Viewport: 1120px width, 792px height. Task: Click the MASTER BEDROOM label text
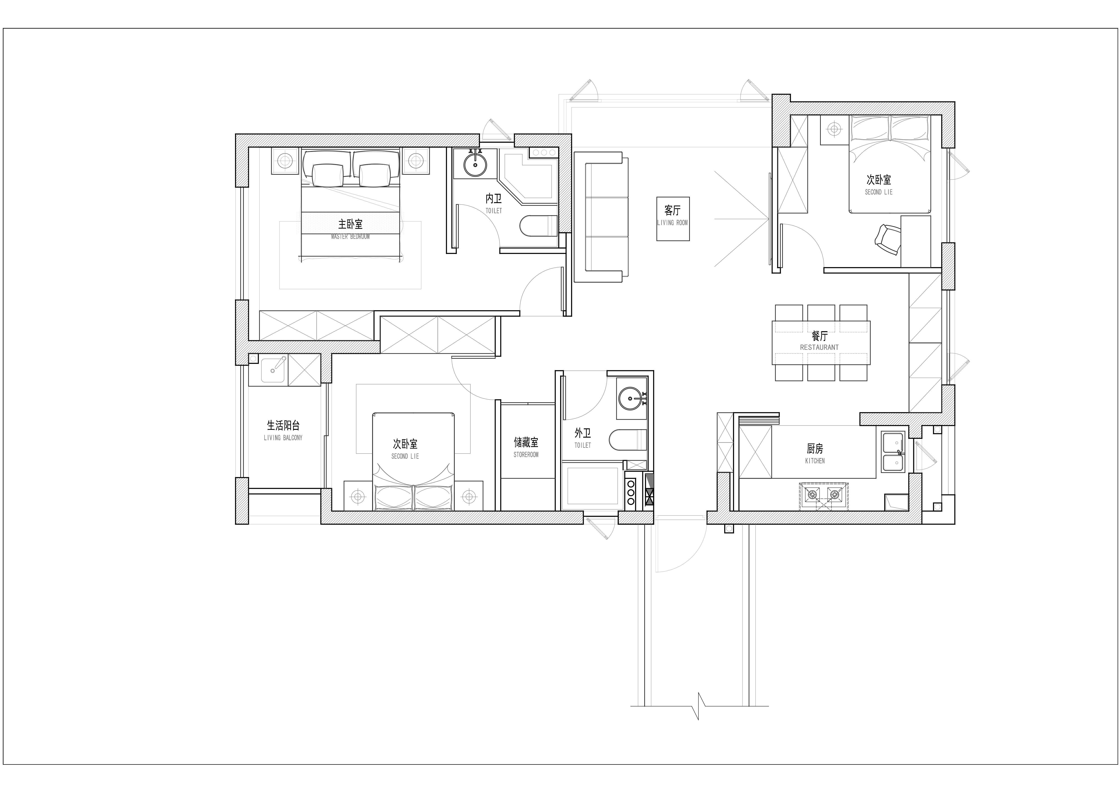(350, 237)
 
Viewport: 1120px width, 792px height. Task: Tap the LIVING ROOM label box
(673, 219)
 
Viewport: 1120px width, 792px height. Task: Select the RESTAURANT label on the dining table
(819, 347)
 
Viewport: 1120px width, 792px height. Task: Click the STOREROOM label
(526, 455)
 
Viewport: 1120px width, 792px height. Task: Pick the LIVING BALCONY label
(283, 438)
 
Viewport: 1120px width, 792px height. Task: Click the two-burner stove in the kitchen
(823, 496)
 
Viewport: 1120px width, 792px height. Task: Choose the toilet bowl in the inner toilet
(538, 226)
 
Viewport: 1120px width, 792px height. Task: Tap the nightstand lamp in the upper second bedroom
(835, 129)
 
